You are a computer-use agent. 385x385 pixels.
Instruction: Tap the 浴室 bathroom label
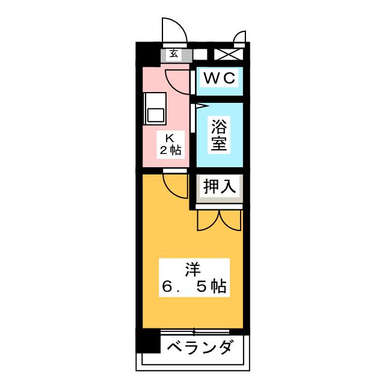[x=219, y=135]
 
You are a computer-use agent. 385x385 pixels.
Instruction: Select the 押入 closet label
[x=219, y=186]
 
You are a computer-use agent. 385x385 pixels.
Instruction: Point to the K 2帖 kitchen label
[x=170, y=144]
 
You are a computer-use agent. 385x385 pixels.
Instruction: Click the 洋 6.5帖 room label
[x=193, y=278]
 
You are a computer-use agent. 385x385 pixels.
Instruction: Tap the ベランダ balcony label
[x=199, y=348]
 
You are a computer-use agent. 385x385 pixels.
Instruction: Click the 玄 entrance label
[x=174, y=54]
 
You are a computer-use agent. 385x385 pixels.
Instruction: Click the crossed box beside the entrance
[x=228, y=54]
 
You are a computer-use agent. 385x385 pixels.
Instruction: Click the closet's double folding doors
[x=219, y=220]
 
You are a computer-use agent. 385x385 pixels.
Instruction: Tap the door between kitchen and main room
[x=176, y=184]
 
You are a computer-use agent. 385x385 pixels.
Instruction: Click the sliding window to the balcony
[x=194, y=331]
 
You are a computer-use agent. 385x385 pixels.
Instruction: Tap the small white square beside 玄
[x=200, y=54]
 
